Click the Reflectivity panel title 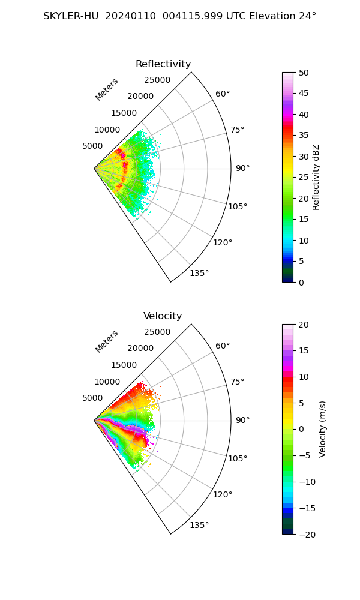click(x=163, y=64)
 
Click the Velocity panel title click(x=163, y=316)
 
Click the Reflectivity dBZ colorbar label click(x=316, y=177)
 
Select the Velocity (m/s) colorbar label click(x=322, y=429)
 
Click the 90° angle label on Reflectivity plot click(x=242, y=169)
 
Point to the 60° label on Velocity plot click(x=223, y=346)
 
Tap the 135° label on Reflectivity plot click(x=199, y=274)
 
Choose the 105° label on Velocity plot click(x=238, y=458)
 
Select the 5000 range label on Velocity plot click(x=92, y=398)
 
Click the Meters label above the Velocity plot click(x=107, y=341)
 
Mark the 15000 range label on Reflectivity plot click(x=124, y=113)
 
